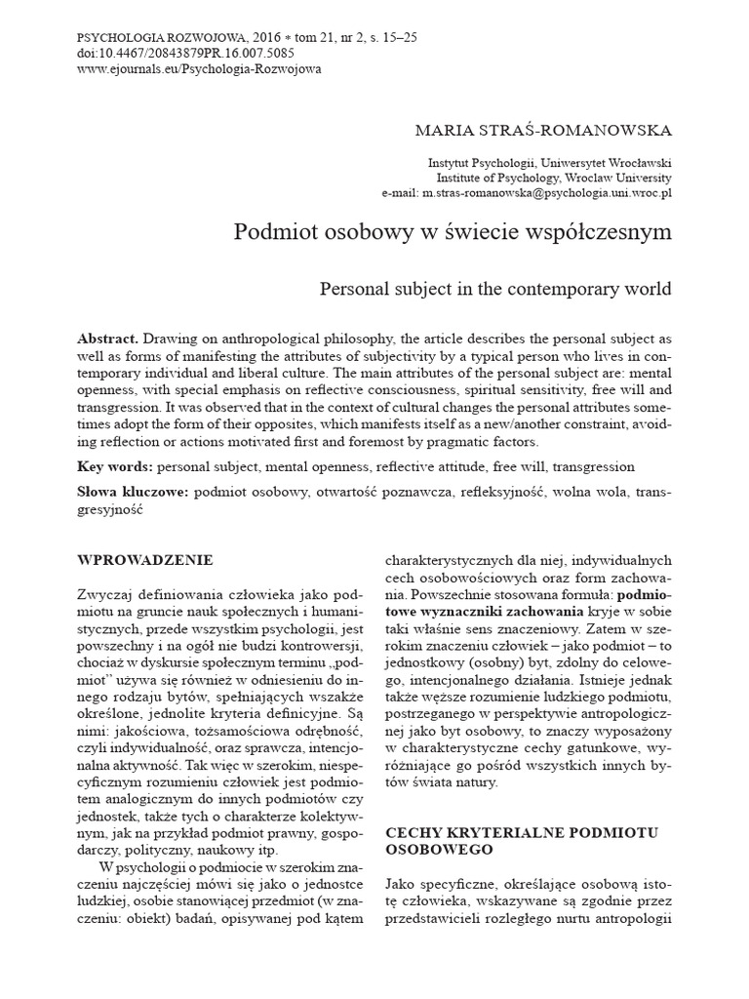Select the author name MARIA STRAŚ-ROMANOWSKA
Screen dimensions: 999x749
tap(543, 129)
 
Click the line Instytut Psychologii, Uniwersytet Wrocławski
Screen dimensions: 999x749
tap(550, 163)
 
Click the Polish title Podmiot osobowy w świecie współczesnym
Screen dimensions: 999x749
tap(453, 234)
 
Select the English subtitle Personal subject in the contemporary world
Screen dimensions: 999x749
tap(495, 290)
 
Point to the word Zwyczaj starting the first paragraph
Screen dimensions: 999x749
tap(105, 595)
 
